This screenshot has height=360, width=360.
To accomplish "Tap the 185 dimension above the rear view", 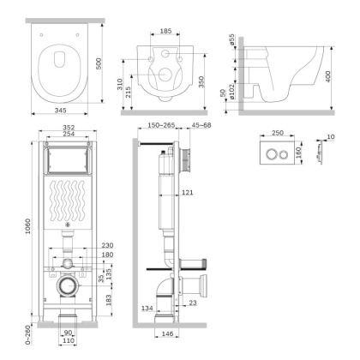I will click(165, 31).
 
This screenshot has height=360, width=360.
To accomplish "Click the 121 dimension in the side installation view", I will click(187, 193).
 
